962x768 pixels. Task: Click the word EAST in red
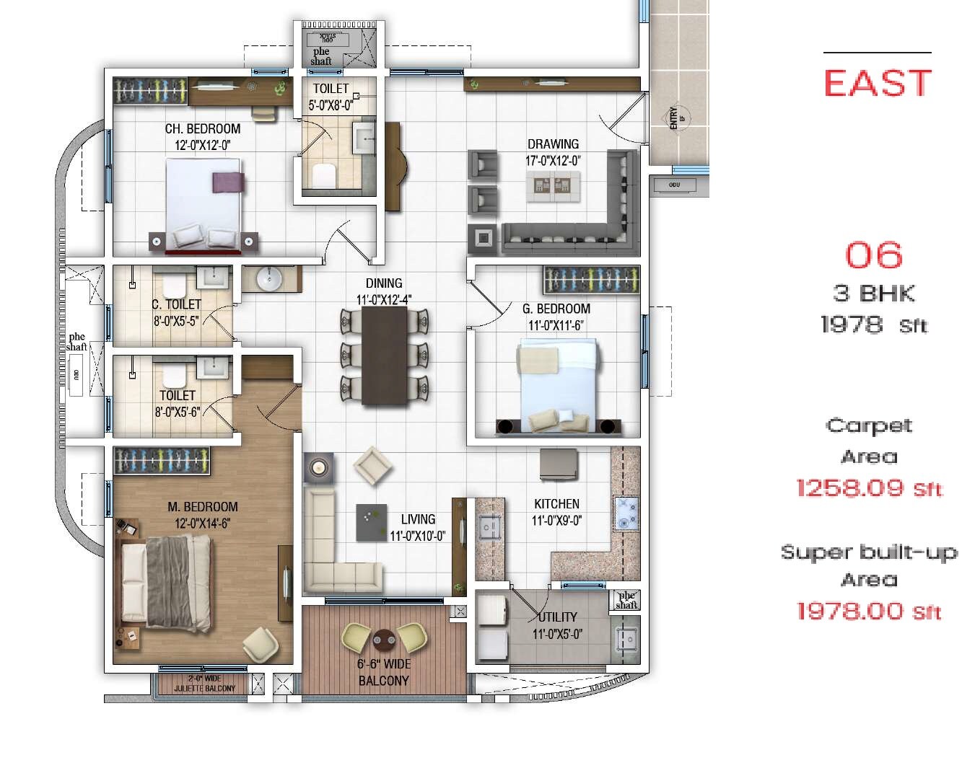pyautogui.click(x=877, y=83)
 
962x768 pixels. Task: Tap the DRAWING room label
pyautogui.click(x=553, y=144)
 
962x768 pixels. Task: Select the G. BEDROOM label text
pyautogui.click(x=556, y=309)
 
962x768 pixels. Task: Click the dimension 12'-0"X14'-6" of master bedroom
pyautogui.click(x=202, y=524)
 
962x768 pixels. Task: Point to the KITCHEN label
pyautogui.click(x=556, y=503)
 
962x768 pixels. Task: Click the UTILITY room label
pyautogui.click(x=558, y=617)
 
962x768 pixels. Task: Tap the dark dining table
pyautogui.click(x=384, y=356)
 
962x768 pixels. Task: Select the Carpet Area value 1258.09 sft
pyautogui.click(x=869, y=488)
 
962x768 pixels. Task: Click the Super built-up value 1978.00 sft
pyautogui.click(x=869, y=612)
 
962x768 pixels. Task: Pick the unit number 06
pyautogui.click(x=873, y=255)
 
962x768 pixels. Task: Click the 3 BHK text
pyautogui.click(x=873, y=293)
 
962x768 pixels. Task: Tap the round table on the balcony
pyautogui.click(x=383, y=639)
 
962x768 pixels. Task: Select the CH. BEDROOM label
pyautogui.click(x=203, y=129)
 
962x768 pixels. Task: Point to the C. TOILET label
pyautogui.click(x=176, y=304)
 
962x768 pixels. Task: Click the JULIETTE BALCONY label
pyautogui.click(x=204, y=688)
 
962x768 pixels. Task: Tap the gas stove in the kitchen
pyautogui.click(x=625, y=513)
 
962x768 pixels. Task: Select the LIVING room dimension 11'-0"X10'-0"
pyautogui.click(x=417, y=536)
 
